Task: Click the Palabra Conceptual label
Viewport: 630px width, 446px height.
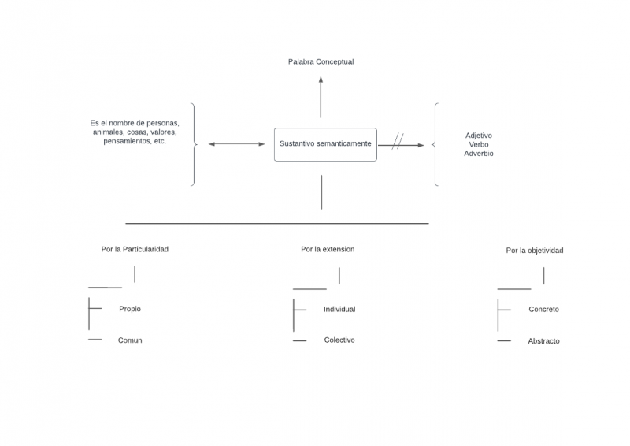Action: click(x=321, y=61)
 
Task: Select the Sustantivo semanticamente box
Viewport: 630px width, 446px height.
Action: click(x=325, y=144)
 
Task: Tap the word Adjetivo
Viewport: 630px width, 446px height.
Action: click(x=479, y=136)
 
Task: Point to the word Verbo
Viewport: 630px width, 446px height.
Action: click(x=479, y=145)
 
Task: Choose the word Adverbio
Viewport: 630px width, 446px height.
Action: click(x=479, y=154)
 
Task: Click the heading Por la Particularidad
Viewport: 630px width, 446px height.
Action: click(x=135, y=249)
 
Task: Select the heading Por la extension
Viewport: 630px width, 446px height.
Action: click(x=328, y=249)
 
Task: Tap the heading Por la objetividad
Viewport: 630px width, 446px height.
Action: click(x=535, y=251)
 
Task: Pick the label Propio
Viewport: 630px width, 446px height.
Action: click(x=130, y=309)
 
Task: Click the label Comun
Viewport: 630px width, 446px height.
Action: click(x=130, y=340)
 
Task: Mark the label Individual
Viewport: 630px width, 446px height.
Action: click(x=339, y=309)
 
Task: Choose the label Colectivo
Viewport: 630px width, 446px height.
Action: click(x=339, y=340)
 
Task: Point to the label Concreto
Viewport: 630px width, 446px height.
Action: click(x=543, y=310)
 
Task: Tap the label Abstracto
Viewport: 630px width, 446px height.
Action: click(x=543, y=341)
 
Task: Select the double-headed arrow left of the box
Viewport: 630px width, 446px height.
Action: click(x=237, y=144)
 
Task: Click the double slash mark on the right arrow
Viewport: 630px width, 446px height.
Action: click(x=398, y=142)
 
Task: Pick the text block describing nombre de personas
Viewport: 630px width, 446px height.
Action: click(x=135, y=132)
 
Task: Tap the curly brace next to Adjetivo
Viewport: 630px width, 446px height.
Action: click(x=435, y=144)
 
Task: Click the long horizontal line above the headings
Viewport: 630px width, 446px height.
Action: click(x=277, y=223)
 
